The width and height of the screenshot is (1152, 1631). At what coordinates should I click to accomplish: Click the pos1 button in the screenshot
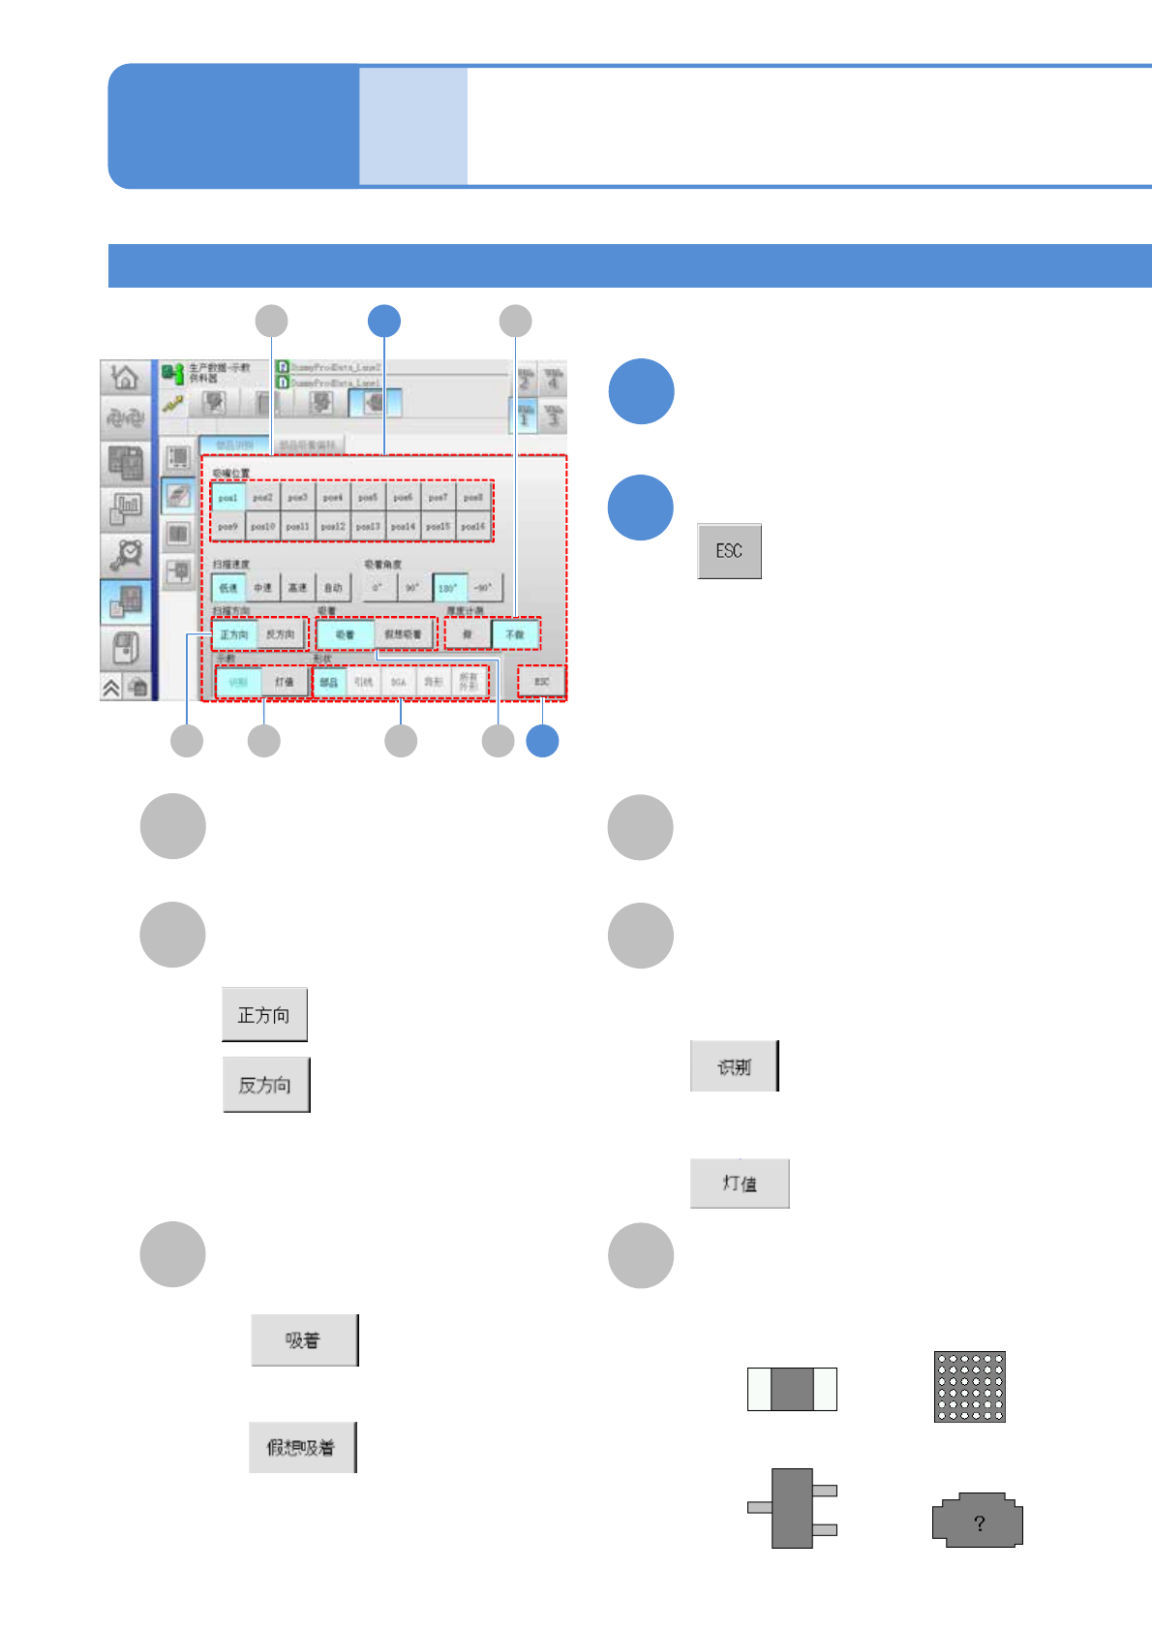click(227, 497)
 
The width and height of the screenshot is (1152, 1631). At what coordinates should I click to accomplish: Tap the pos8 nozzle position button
click(472, 497)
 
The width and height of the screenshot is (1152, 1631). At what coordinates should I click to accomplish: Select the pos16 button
click(472, 526)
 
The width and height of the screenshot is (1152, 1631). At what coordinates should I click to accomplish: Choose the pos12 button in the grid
click(332, 526)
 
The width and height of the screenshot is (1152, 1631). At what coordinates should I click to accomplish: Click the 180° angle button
click(447, 587)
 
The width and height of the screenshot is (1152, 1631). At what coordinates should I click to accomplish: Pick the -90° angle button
click(482, 587)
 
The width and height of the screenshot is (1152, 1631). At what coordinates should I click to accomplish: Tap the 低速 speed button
click(228, 587)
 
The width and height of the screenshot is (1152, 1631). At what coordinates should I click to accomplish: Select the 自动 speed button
click(333, 587)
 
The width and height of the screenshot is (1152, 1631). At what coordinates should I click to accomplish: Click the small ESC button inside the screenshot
click(541, 681)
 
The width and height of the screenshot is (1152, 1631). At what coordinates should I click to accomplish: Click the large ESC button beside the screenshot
click(729, 551)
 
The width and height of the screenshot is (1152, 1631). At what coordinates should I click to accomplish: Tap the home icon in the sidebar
click(125, 377)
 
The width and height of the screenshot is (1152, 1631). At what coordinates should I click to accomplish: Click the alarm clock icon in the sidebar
click(126, 554)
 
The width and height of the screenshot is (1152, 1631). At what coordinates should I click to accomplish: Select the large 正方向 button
click(264, 1014)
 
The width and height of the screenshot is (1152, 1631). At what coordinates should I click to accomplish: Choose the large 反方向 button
click(266, 1085)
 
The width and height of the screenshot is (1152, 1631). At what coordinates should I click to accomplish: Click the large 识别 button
click(734, 1066)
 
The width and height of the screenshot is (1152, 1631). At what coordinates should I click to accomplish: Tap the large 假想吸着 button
click(302, 1447)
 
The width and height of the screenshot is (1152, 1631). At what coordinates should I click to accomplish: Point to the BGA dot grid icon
click(969, 1387)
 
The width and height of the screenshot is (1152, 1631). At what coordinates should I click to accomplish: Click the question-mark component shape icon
click(978, 1521)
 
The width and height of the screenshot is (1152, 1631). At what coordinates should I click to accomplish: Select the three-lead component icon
click(792, 1508)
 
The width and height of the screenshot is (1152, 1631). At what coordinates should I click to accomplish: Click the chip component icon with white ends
click(792, 1389)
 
